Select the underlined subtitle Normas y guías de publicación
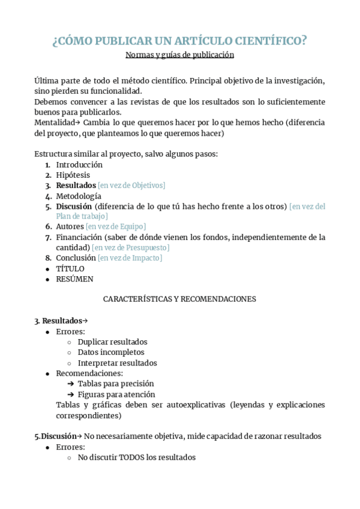pos(179,55)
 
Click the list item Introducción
pos(79,164)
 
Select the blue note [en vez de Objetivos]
pos(131,185)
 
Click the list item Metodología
pos(79,196)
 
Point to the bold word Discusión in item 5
pos(74,206)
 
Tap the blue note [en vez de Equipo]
pos(116,227)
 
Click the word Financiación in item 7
pos(79,237)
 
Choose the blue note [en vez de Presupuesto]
pos(131,248)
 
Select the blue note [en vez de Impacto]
pos(130,258)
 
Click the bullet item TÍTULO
pos(70,268)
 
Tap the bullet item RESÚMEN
pos(74,279)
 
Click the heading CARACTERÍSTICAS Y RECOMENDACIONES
pos(179,299)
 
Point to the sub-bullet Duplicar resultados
pos(112,342)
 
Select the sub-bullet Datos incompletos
pos(111,352)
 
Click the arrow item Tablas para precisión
pos(116,384)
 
